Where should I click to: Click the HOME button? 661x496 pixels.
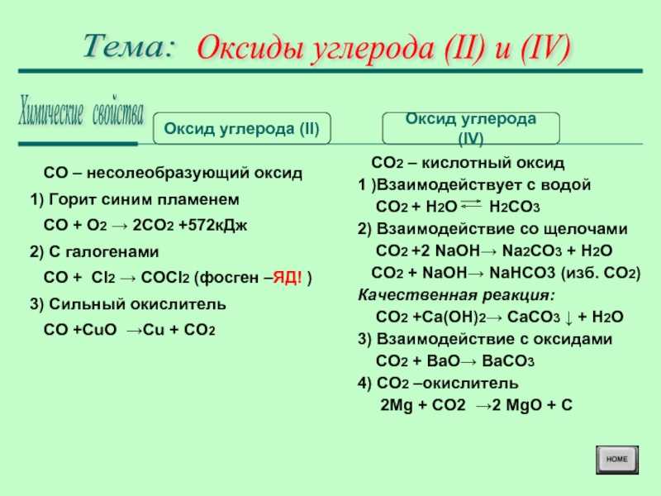(x=617, y=460)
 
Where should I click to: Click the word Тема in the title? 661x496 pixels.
(x=128, y=45)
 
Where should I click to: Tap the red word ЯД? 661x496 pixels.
(x=288, y=278)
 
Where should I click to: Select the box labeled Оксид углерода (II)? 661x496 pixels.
(x=241, y=128)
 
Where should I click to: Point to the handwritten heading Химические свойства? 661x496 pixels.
(x=81, y=112)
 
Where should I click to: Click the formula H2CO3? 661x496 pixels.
(x=514, y=207)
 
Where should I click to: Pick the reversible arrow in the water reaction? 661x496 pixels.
(x=471, y=203)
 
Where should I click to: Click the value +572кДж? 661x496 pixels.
(x=213, y=225)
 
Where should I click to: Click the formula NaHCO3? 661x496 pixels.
(x=522, y=273)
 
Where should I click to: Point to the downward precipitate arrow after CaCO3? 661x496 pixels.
(x=568, y=317)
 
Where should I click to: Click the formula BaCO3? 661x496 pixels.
(x=508, y=361)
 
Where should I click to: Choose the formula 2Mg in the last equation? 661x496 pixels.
(x=397, y=405)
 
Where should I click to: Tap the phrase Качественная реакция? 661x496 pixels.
(x=456, y=295)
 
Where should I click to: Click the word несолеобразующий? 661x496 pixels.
(x=168, y=174)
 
